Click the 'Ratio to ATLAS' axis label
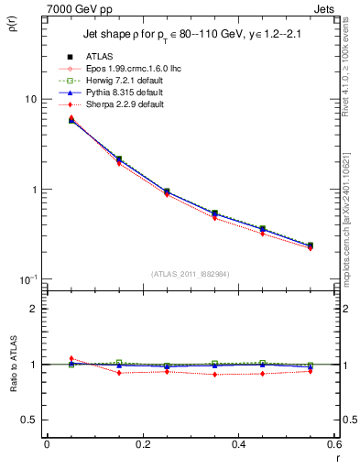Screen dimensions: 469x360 tap(12, 364)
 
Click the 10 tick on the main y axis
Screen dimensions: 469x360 tap(29, 99)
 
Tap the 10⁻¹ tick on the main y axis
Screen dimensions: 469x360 tap(27, 278)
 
